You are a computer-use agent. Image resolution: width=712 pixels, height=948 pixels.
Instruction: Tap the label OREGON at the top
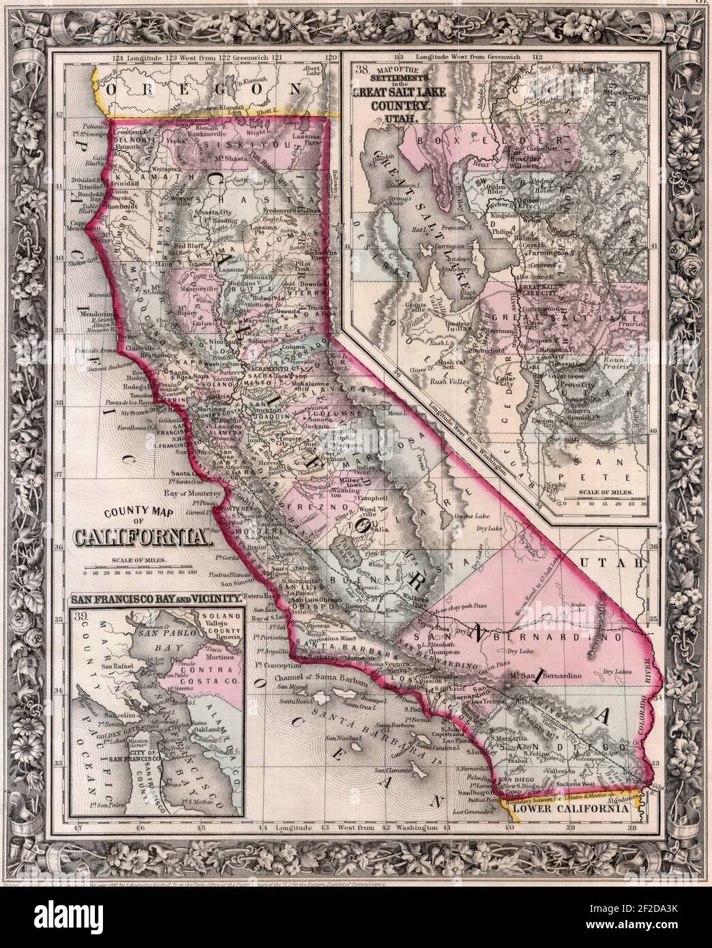205,89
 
